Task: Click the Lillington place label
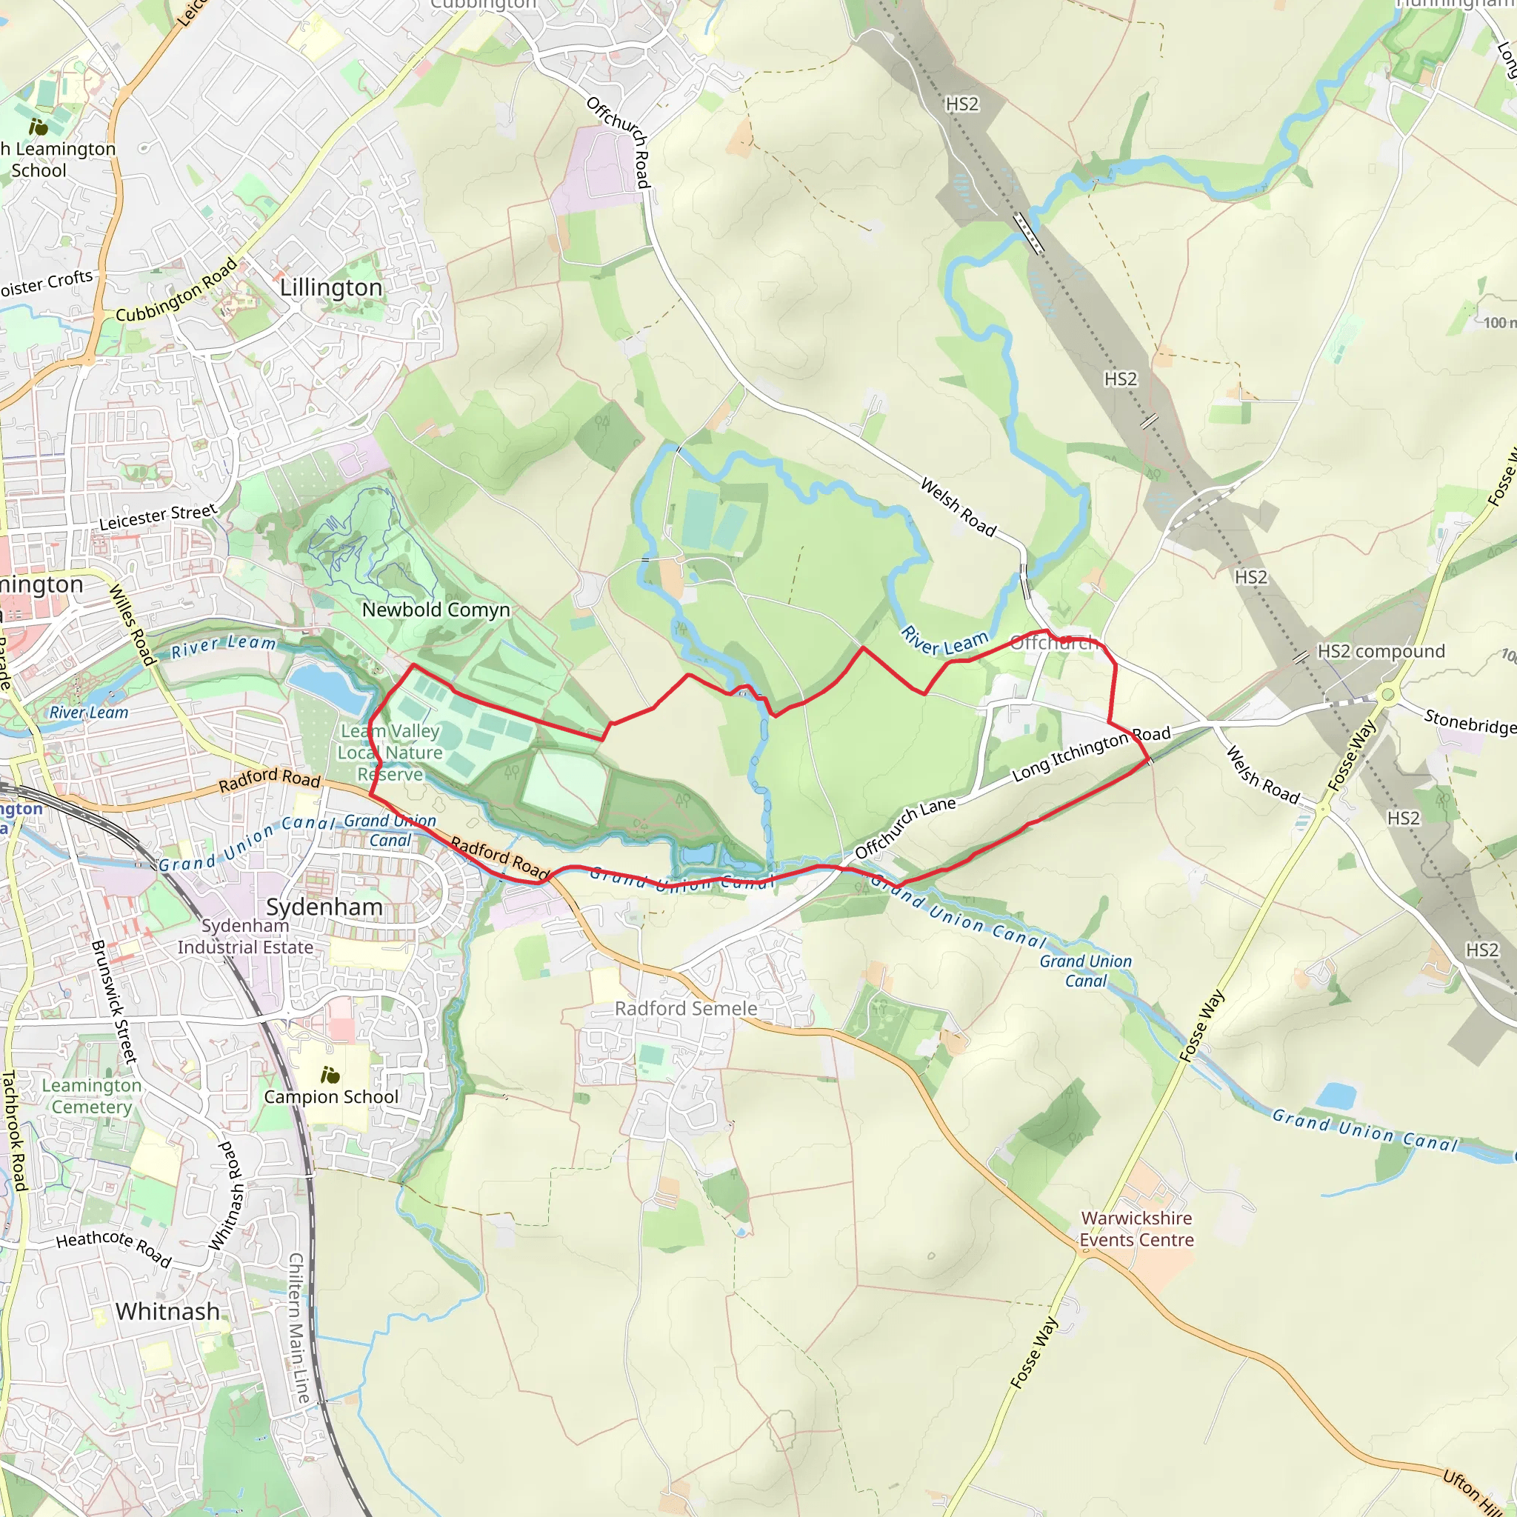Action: point(330,288)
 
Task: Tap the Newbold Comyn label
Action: point(436,610)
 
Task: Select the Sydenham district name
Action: point(324,907)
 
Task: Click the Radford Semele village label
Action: point(685,1009)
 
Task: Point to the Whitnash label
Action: point(167,1312)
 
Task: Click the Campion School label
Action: point(330,1097)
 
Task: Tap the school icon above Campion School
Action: point(330,1075)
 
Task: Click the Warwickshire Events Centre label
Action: point(1136,1229)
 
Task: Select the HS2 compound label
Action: point(1381,652)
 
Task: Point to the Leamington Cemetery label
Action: point(92,1096)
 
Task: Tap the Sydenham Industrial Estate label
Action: point(245,937)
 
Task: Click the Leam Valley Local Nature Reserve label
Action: point(390,753)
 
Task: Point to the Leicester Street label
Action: point(157,517)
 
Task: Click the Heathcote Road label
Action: point(114,1247)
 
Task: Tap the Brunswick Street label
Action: point(114,1002)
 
